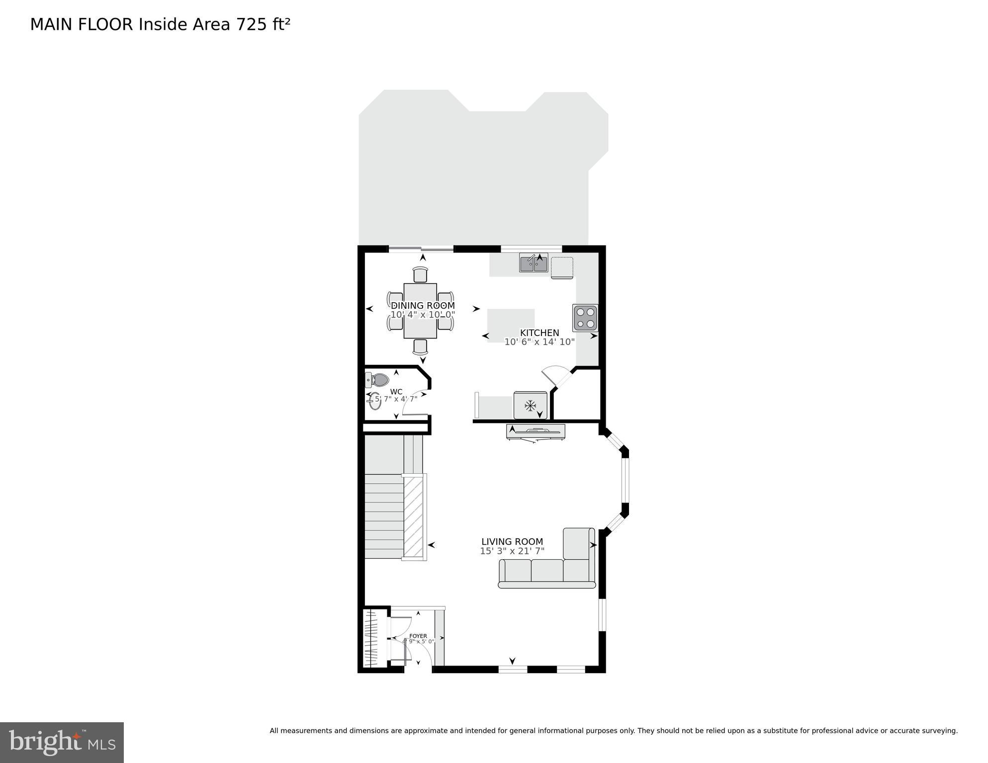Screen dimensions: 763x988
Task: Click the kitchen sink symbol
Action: point(533,263)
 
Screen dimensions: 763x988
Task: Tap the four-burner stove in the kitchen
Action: point(585,318)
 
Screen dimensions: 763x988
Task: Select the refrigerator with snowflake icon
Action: point(531,406)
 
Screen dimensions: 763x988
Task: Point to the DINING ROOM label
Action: point(423,306)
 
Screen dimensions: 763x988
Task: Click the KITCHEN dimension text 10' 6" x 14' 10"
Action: point(539,342)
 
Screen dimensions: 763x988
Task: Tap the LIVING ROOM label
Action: point(512,542)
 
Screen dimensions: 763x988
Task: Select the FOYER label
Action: point(418,636)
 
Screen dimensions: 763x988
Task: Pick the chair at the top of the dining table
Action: point(420,275)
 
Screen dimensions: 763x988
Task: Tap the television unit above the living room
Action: point(536,431)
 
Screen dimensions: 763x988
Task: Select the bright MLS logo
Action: point(62,742)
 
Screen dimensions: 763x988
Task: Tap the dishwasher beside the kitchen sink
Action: point(562,267)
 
